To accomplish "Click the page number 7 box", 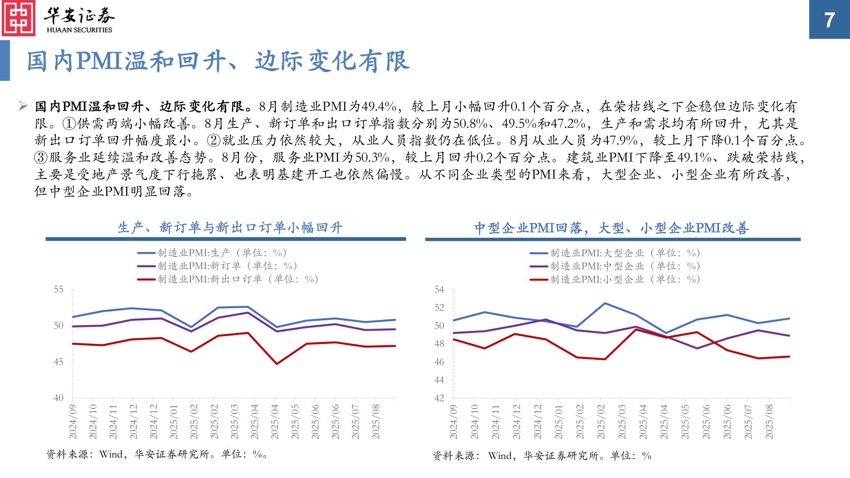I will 829,19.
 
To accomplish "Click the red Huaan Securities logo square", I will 19,18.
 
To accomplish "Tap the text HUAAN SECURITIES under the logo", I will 79,30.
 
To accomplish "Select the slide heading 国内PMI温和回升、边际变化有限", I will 218,61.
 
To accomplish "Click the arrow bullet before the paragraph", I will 23,106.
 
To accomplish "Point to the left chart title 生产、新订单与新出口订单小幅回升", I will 230,227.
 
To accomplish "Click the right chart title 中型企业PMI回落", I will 611,228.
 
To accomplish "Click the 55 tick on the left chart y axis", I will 59,289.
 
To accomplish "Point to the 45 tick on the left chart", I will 59,362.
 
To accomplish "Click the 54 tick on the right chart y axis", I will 439,289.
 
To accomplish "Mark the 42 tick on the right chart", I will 439,398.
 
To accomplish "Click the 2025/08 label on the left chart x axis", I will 376,421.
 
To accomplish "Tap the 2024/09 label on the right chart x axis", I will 454,421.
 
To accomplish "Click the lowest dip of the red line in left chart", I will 277,364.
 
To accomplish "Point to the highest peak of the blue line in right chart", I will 605,303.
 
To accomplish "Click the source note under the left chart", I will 157,455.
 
